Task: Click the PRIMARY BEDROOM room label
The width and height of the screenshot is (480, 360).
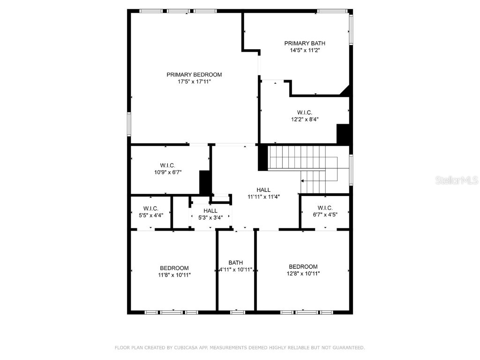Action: coord(194,75)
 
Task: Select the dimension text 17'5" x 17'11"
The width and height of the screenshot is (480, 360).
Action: coord(194,82)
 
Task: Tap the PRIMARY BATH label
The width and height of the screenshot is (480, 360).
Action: coord(304,43)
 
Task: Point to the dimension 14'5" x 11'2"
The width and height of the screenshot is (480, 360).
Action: coord(304,50)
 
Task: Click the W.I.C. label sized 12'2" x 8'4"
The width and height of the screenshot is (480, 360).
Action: coord(304,112)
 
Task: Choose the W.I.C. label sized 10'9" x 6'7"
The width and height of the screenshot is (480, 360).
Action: coord(167,165)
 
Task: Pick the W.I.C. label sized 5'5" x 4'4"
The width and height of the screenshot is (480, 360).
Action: coord(150,209)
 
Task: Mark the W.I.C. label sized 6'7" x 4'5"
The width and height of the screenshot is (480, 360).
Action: coord(324,208)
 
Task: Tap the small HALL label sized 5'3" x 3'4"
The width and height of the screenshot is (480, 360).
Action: coord(210,211)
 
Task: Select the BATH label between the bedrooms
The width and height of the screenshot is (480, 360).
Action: coord(236,262)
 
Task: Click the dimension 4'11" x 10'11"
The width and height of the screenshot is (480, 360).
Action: coord(236,270)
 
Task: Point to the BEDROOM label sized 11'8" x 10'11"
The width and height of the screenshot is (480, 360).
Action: coord(174,268)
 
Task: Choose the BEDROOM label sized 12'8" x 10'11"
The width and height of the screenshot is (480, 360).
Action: coord(303,267)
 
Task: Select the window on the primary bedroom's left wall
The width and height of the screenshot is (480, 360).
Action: coord(129,124)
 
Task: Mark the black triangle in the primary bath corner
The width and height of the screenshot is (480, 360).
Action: coord(346,91)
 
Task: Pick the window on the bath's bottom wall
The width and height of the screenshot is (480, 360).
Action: coord(237,312)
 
